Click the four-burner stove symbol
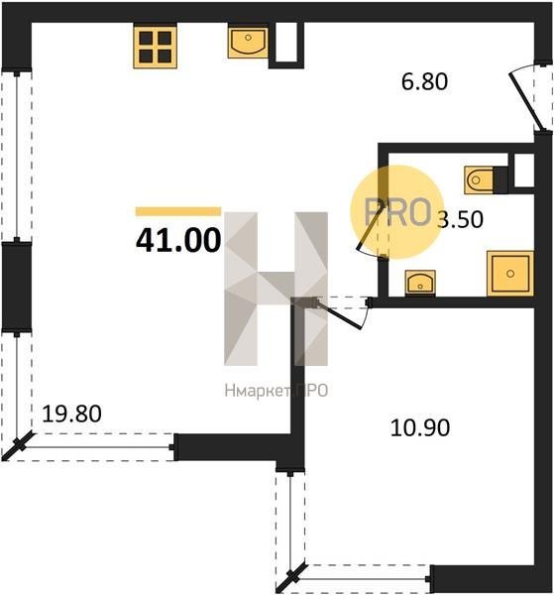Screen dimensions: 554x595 point(155,47)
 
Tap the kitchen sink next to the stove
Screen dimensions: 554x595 point(248,43)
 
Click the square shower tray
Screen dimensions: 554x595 point(510,274)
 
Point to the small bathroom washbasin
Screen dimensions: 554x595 point(420,283)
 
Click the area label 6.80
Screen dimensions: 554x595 point(424,82)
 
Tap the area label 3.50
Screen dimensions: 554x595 point(460,219)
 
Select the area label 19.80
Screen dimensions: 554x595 point(71,414)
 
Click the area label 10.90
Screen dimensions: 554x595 point(420,427)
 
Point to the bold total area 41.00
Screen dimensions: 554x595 point(178,240)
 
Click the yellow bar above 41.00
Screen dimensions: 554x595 point(178,211)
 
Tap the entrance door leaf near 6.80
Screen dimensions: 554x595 point(526,102)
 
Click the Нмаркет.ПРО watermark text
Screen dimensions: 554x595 point(277,391)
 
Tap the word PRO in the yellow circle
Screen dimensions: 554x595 point(397,212)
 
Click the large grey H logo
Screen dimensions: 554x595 point(277,289)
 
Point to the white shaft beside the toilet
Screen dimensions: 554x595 point(523,171)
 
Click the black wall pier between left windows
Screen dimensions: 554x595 point(17,287)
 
